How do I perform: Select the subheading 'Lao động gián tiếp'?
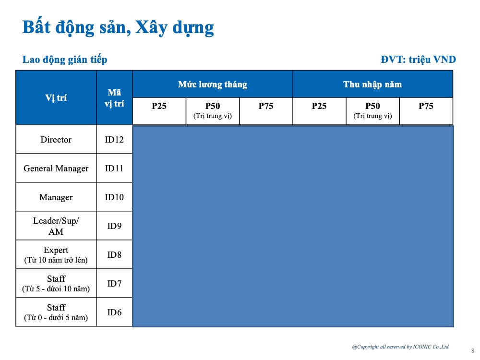tap(65, 60)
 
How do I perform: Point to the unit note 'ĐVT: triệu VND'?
tap(418, 60)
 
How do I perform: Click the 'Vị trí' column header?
tap(56, 98)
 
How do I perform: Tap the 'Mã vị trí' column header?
tap(114, 98)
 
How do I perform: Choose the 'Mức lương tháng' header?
tap(212, 84)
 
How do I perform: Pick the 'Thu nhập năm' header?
tap(372, 84)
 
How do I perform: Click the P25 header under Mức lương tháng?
tap(159, 107)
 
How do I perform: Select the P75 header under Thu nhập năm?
tap(426, 107)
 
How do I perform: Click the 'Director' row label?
tap(56, 140)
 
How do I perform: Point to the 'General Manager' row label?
tap(56, 168)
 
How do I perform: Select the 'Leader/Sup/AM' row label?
tap(56, 226)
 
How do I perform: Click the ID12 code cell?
tap(114, 140)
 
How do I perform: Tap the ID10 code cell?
tap(114, 197)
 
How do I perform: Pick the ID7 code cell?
tap(114, 284)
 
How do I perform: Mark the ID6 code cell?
tap(114, 312)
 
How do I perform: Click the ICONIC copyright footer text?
tap(401, 346)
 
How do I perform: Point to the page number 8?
tap(472, 350)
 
